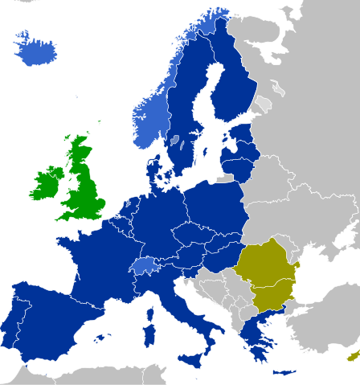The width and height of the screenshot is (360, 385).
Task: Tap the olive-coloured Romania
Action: tap(269, 261)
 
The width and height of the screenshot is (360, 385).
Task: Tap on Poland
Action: tap(213, 209)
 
